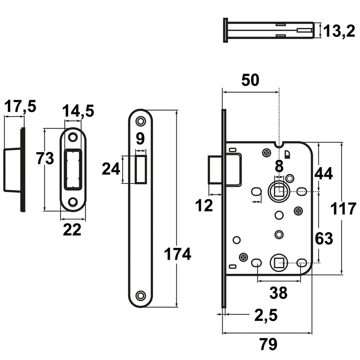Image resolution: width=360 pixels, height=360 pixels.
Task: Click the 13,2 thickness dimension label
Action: point(339,31)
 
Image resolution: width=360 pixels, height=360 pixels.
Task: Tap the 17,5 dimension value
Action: point(20,106)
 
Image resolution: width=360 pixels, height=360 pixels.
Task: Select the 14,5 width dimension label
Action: point(78,111)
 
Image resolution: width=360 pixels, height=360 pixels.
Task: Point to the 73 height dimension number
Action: point(45,158)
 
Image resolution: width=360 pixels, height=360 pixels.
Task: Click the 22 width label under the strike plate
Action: point(72,229)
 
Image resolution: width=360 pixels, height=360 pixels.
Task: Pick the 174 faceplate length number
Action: point(177,254)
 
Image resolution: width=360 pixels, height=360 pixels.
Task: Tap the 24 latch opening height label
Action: point(111,169)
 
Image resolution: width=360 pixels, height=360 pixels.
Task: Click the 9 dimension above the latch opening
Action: point(140,139)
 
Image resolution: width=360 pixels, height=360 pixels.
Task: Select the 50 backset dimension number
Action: point(250,80)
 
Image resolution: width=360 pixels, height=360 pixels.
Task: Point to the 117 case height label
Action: point(343,209)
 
